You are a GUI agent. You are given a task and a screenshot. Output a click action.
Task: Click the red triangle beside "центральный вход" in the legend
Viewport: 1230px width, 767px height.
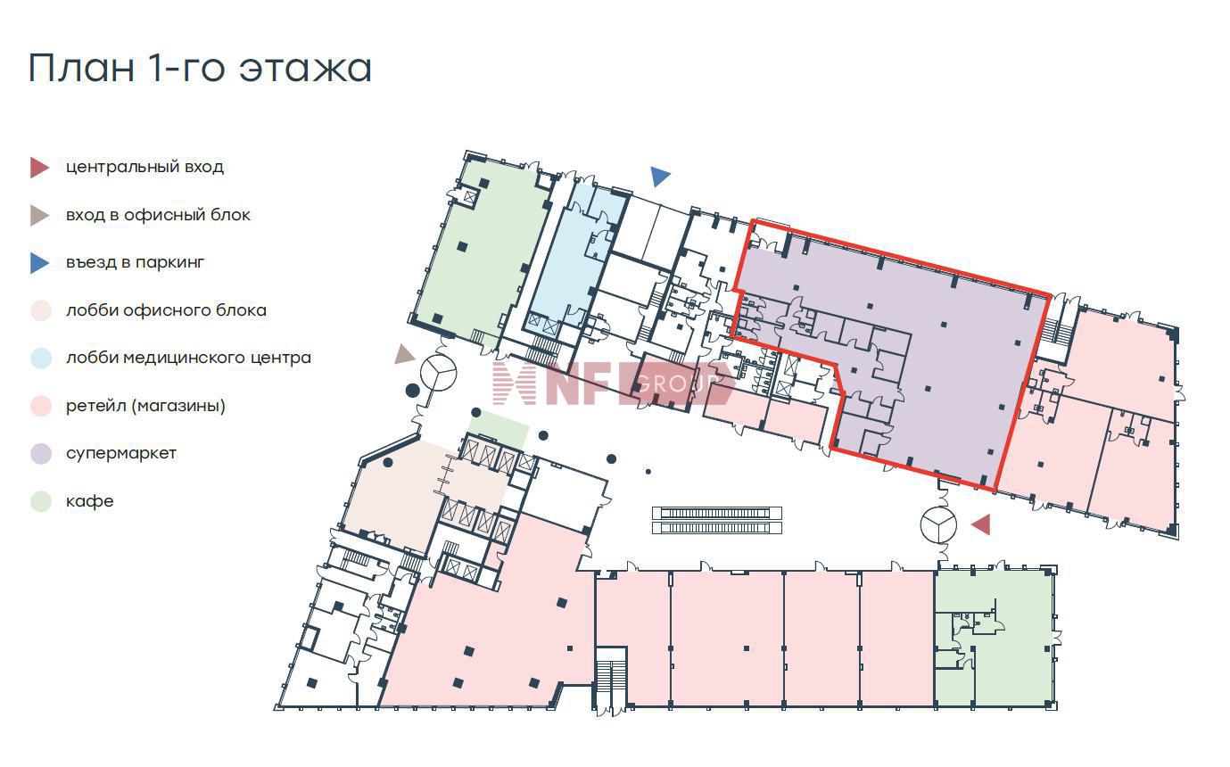(x=39, y=168)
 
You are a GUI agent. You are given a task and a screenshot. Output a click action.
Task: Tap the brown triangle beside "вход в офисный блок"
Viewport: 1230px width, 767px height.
(x=39, y=215)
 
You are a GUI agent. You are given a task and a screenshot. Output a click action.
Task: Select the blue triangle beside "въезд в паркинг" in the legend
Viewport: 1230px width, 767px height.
(x=39, y=263)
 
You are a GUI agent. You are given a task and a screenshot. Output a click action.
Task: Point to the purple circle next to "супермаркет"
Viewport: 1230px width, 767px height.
(x=41, y=453)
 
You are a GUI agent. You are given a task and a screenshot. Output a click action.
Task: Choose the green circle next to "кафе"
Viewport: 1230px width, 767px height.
(x=41, y=501)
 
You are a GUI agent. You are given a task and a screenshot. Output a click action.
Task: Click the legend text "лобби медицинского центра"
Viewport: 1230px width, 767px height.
(x=188, y=358)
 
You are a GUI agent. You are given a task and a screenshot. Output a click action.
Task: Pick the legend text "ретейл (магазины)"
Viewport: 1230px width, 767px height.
(x=145, y=406)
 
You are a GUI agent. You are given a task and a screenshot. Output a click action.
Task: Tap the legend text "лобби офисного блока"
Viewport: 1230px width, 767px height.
(x=166, y=310)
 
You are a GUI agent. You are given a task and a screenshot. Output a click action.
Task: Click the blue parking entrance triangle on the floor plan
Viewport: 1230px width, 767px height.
(x=660, y=177)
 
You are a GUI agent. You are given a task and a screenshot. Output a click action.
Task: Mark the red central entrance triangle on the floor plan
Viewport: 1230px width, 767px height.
(x=982, y=524)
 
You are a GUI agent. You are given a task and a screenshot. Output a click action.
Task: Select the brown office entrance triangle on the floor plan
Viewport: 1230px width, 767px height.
(x=405, y=354)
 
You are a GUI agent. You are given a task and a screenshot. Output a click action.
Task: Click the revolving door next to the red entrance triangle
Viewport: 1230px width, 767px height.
(x=938, y=524)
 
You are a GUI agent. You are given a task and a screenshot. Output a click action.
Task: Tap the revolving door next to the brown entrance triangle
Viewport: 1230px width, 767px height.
(x=438, y=373)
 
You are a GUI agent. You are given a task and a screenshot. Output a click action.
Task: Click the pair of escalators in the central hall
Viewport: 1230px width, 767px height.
(x=716, y=521)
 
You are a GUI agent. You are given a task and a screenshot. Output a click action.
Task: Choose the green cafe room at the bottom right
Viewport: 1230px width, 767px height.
(x=994, y=637)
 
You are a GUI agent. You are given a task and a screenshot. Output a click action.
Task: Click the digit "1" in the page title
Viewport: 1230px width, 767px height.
(x=155, y=68)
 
